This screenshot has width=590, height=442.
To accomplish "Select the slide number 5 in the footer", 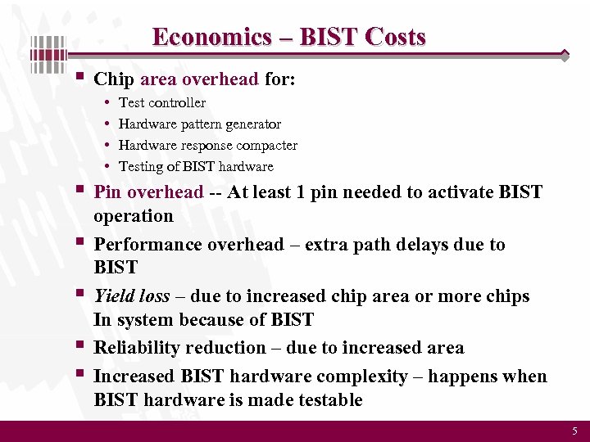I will [x=574, y=431].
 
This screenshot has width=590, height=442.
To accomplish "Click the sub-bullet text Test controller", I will [x=162, y=102].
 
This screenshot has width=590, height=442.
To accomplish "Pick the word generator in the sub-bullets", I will [x=249, y=124].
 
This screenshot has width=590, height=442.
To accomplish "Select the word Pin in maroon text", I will [x=108, y=192].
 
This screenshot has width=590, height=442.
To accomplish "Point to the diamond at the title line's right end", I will [x=565, y=56].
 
